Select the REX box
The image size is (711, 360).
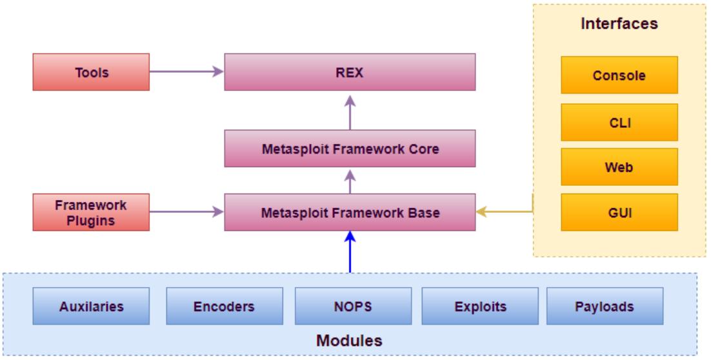coord(350,72)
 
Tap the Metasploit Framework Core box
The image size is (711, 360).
coord(350,148)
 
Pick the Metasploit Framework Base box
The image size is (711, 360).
coord(350,212)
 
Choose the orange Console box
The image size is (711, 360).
coord(619,75)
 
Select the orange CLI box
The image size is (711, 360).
coord(619,121)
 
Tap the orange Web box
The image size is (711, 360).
coord(619,166)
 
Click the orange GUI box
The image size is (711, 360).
coord(619,212)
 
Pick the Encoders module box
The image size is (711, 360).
coord(225,305)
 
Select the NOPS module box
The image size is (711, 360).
coord(354,305)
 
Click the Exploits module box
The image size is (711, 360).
coord(480,305)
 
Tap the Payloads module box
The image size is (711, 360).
coord(605,305)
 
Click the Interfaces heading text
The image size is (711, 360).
coord(619,24)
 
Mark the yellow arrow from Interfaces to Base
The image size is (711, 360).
coord(506,212)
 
